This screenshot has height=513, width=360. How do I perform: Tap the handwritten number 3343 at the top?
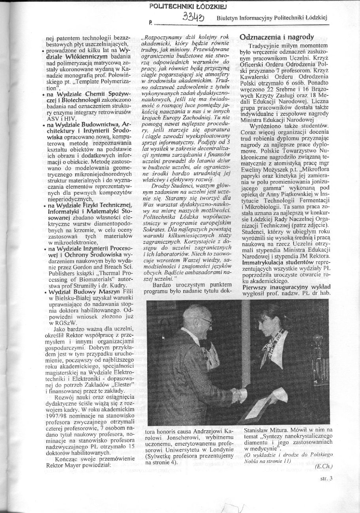[x=193, y=17]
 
